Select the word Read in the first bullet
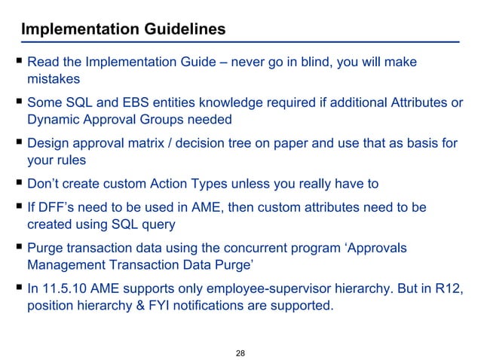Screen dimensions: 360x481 coord(44,61)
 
